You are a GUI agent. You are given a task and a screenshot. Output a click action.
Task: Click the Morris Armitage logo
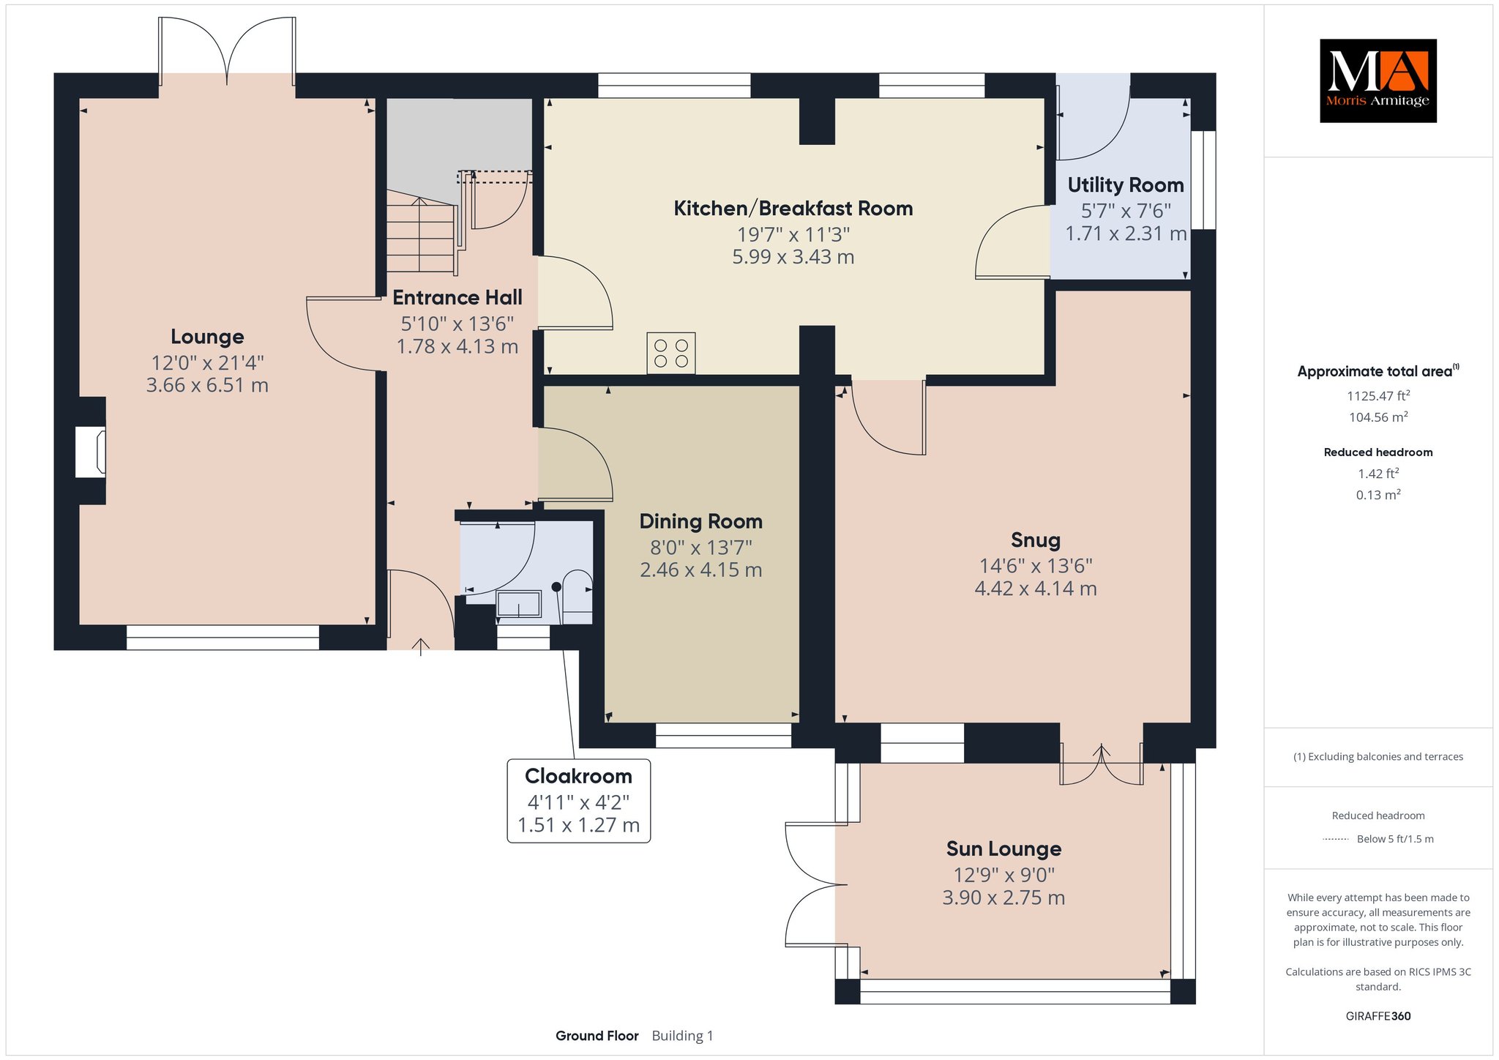(1377, 81)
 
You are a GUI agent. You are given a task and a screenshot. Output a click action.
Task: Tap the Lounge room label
(207, 337)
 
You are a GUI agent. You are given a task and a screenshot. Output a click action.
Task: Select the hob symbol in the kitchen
(671, 353)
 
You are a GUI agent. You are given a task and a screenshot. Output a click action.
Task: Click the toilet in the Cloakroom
(577, 597)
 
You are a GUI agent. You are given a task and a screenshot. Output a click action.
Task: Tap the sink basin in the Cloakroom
(519, 605)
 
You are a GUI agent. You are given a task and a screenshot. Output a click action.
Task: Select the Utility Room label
(1126, 185)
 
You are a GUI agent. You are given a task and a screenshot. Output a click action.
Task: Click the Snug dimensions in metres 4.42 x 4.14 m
(1036, 589)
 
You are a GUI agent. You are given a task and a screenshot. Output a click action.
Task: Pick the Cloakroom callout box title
(578, 776)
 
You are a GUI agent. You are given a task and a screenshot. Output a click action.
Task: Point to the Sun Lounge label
(1003, 849)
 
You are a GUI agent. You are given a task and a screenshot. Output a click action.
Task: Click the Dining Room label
(701, 521)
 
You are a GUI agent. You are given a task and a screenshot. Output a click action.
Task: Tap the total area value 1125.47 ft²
(1378, 396)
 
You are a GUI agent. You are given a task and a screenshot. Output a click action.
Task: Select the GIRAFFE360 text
(1378, 1016)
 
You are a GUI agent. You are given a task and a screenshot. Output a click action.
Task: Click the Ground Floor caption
(597, 1036)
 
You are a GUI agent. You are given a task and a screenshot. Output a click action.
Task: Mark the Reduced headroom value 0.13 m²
(1378, 495)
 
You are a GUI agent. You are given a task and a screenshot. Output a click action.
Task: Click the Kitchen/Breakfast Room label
(793, 209)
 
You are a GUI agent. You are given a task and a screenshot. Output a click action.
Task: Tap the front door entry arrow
(421, 646)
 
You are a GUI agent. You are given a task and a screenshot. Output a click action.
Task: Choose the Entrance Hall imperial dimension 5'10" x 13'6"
(457, 323)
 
